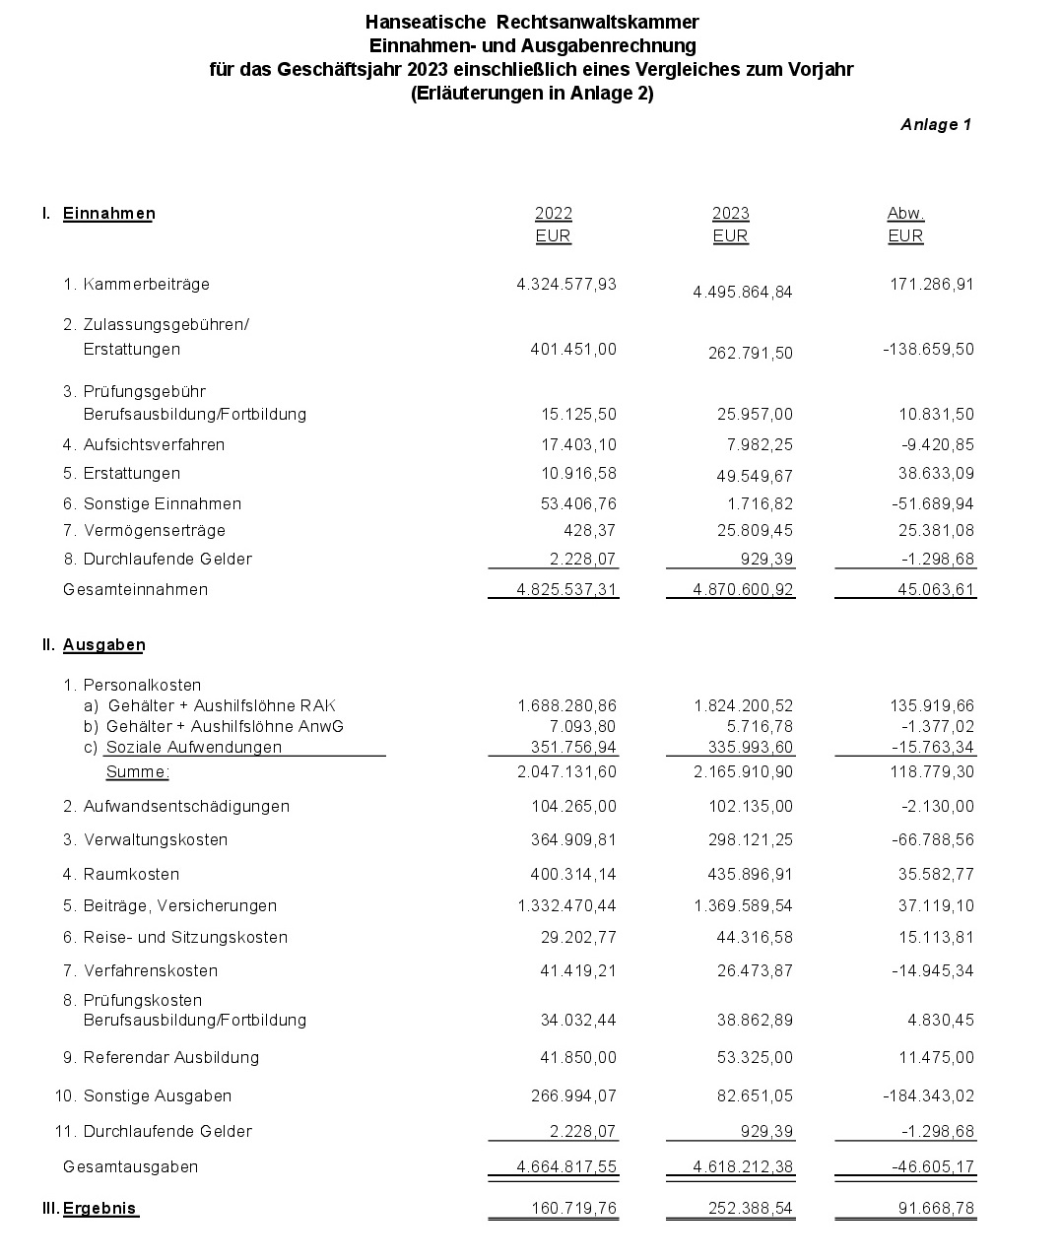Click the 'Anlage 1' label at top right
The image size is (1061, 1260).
click(935, 124)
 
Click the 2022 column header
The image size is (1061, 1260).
click(553, 214)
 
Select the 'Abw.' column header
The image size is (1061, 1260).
click(905, 214)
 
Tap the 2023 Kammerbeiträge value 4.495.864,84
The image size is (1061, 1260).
click(743, 293)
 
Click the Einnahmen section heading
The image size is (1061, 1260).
click(108, 214)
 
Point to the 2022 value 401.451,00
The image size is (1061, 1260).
click(573, 349)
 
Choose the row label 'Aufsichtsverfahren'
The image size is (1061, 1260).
click(154, 444)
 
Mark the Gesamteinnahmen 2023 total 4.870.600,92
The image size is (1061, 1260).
click(729, 589)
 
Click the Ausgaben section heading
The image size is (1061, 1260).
click(103, 645)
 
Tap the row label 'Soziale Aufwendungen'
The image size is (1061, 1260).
click(193, 747)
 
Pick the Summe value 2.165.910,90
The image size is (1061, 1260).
click(743, 772)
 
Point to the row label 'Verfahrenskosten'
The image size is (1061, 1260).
click(150, 970)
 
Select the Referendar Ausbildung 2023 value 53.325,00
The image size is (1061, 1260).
click(754, 1057)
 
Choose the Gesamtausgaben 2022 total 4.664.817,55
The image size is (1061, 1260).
click(566, 1166)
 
